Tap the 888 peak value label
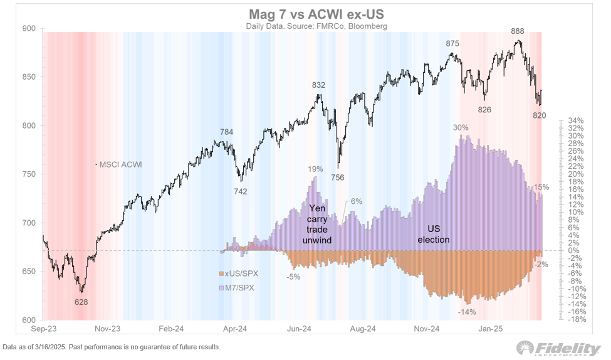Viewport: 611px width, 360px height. coord(518,31)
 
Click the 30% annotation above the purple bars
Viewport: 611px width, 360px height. coord(461,127)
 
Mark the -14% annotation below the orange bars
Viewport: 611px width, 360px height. coord(467,312)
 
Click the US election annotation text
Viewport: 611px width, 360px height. coord(434,235)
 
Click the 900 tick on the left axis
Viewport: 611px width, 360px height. coord(29,28)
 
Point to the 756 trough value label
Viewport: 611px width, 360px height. coord(338,177)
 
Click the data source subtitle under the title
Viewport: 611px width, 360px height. coord(305,26)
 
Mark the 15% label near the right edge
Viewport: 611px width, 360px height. coord(541,188)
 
